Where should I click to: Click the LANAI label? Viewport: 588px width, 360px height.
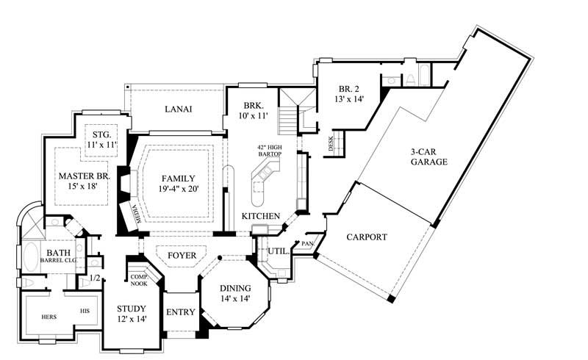pos(178,109)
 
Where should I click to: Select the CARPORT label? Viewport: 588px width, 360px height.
pos(362,237)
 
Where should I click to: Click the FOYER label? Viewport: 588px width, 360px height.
pos(182,255)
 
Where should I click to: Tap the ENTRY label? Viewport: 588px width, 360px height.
pos(181,312)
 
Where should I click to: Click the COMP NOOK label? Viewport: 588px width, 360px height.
pos(139,279)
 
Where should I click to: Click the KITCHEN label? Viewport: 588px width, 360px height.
pos(261,215)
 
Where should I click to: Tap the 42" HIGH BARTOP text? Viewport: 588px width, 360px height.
pos(265,151)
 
